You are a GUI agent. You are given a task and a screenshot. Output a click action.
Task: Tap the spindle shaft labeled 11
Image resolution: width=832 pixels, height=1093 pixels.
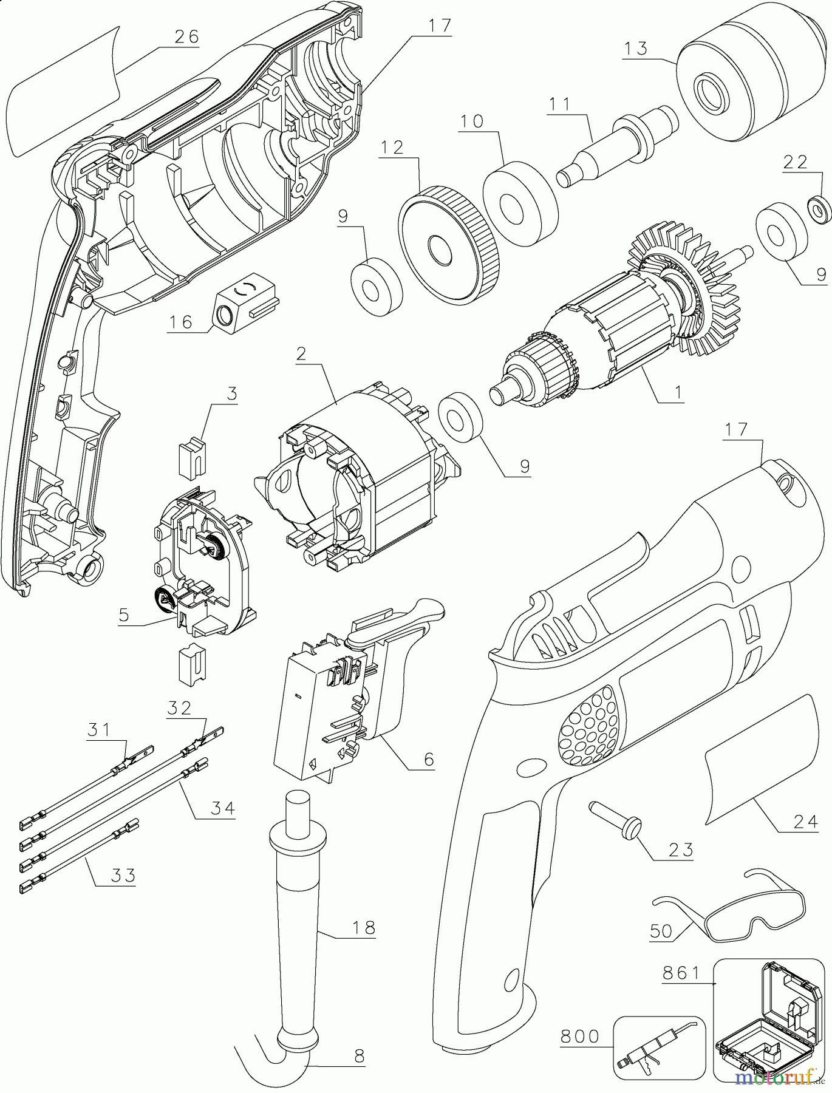coord(619,145)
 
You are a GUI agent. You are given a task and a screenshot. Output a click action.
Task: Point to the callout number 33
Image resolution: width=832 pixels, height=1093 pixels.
coord(123,875)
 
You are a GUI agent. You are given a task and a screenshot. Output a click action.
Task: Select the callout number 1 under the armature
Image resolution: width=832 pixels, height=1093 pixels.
coord(677,392)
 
